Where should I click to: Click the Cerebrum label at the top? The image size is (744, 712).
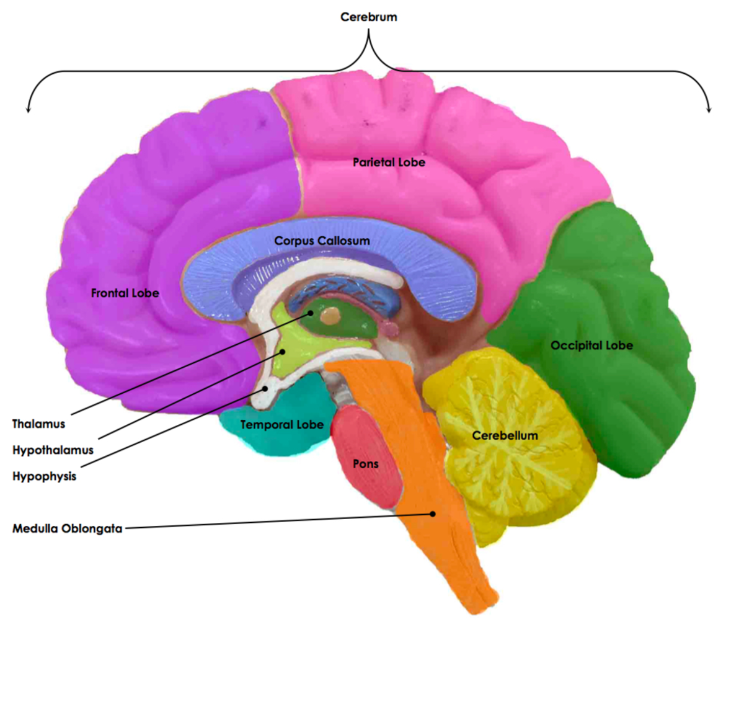point(368,17)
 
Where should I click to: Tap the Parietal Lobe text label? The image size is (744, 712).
point(389,162)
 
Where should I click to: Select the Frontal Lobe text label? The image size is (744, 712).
point(125,293)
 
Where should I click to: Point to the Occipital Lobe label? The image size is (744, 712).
point(591,345)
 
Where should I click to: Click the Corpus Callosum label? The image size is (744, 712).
point(322,241)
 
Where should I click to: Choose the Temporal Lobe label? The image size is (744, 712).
point(281,425)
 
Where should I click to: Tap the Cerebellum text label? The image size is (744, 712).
point(505,435)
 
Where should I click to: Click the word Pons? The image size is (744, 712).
point(365,464)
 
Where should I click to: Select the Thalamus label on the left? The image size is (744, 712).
point(38,424)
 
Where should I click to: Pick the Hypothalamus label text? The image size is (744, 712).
point(53,450)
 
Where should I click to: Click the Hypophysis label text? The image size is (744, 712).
point(44,476)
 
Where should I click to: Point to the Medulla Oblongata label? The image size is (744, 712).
point(67,529)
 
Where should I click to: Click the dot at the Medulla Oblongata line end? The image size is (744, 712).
point(433,514)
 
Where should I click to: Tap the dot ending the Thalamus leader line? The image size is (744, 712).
point(310,313)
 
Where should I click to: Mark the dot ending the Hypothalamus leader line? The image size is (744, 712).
point(282,351)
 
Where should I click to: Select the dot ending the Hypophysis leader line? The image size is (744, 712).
point(265,389)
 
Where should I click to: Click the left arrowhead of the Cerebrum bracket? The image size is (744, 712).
point(27,110)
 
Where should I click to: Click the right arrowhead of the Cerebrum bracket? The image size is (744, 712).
point(709,110)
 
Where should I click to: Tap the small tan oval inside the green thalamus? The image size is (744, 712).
point(333,316)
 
